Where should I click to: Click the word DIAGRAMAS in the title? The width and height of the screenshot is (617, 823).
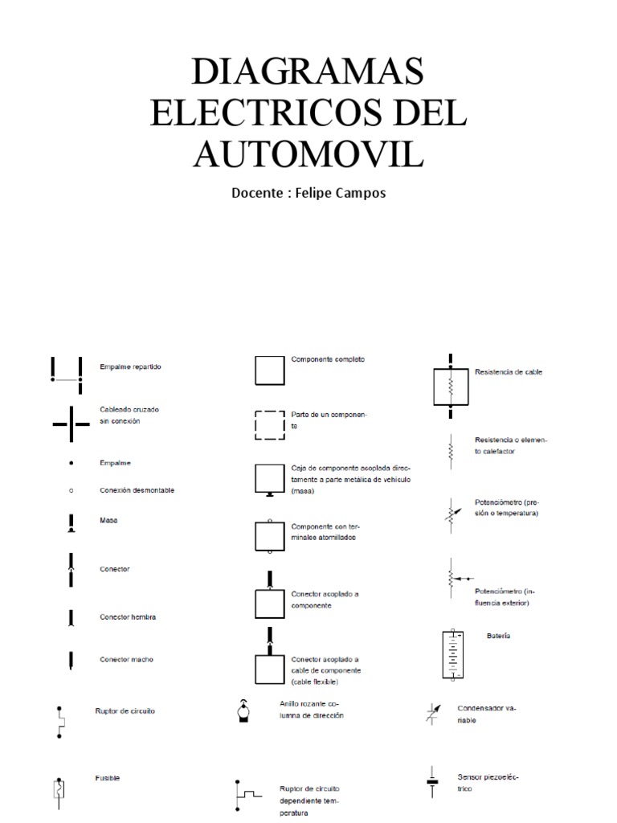coord(308,74)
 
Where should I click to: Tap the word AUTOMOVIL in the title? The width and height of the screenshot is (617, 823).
coord(308,154)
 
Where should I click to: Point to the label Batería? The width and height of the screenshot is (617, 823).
coord(498,636)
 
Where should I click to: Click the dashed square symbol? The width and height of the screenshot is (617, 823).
coord(269,425)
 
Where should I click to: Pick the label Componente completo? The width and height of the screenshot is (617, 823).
coord(328,359)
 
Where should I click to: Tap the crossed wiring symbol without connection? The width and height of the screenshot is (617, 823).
coord(71,422)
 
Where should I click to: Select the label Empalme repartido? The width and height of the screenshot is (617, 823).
coord(130,366)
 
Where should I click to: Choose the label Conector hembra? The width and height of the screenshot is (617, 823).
coord(128,617)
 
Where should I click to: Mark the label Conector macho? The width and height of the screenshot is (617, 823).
coord(126,660)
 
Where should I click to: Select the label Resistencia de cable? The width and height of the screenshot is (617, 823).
coord(509,373)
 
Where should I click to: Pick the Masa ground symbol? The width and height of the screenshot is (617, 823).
coord(71,524)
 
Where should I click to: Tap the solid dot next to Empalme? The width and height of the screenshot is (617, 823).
coord(71,464)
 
